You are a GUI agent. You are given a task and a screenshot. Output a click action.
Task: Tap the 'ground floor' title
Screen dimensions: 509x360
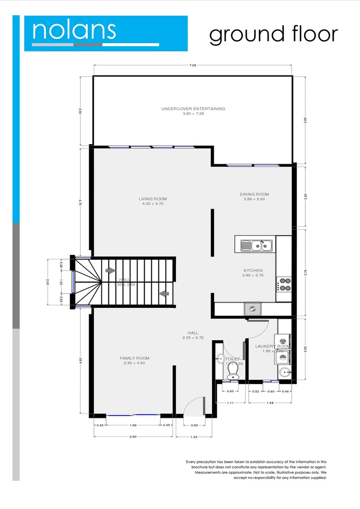click(273, 34)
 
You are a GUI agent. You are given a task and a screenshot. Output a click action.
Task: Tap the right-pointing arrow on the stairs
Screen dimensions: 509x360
click(110, 271)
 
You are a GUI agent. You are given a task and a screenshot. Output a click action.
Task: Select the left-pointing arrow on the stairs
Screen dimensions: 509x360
click(164, 294)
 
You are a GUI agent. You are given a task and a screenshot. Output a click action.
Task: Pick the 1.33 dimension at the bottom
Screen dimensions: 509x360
click(194, 437)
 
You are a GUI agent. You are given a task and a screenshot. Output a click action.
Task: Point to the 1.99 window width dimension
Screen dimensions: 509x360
click(133, 426)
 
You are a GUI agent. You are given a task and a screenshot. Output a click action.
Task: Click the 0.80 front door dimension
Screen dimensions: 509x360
click(194, 426)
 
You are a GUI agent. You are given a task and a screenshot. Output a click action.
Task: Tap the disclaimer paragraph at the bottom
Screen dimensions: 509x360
click(256, 469)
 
